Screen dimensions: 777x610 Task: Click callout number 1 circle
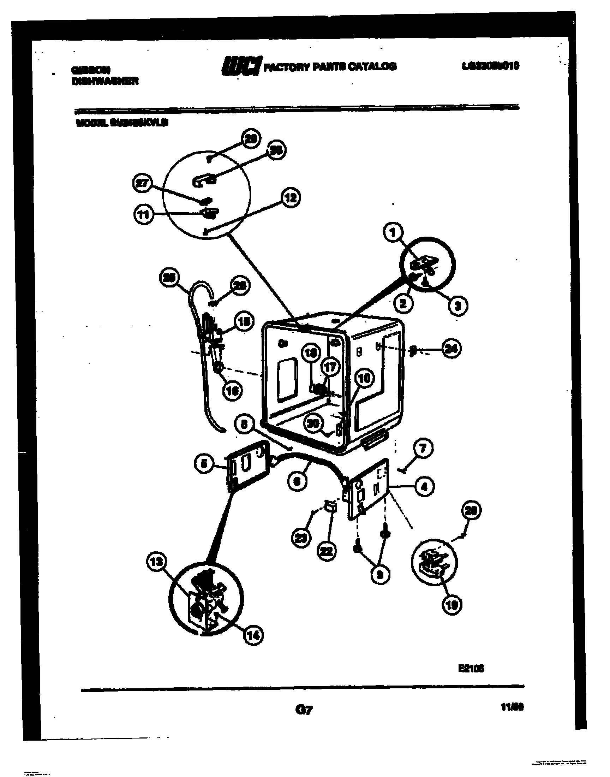click(393, 232)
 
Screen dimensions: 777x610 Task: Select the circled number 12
click(291, 198)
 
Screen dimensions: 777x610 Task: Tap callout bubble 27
click(142, 184)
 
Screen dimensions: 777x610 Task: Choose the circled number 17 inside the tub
click(330, 367)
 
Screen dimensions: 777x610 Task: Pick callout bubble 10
click(364, 378)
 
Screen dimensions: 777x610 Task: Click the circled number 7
click(423, 448)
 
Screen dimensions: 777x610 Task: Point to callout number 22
click(327, 551)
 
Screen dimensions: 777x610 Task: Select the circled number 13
click(156, 562)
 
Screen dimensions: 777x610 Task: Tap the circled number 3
click(458, 306)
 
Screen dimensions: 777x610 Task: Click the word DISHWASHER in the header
click(105, 82)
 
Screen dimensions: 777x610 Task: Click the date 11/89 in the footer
click(512, 707)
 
